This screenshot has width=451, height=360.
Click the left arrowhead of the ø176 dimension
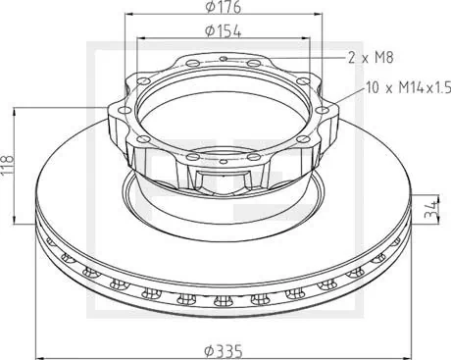129,19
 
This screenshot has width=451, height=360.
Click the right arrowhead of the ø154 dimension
309,39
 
